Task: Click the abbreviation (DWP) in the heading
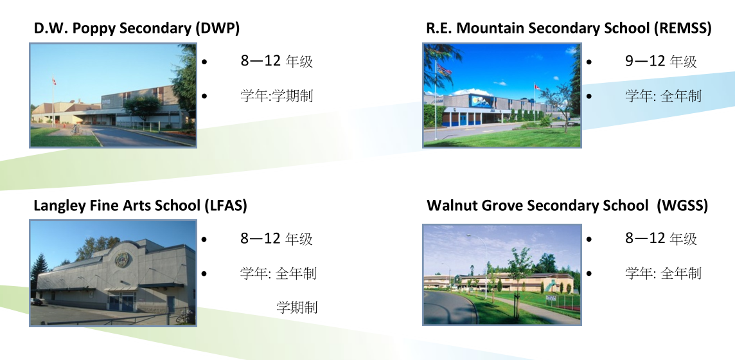[217, 28]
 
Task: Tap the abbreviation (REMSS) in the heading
[683, 28]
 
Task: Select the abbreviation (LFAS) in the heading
[226, 205]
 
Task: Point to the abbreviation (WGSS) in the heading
[682, 205]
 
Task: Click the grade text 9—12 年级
[661, 61]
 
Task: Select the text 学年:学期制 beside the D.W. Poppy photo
[276, 96]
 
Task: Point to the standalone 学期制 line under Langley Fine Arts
[297, 307]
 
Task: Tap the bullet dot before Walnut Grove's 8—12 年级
[589, 239]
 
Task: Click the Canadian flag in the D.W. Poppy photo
[55, 82]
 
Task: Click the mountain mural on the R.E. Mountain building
[481, 102]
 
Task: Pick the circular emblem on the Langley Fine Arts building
[123, 259]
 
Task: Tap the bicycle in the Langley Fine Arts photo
[184, 316]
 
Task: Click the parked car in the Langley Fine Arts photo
[37, 301]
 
